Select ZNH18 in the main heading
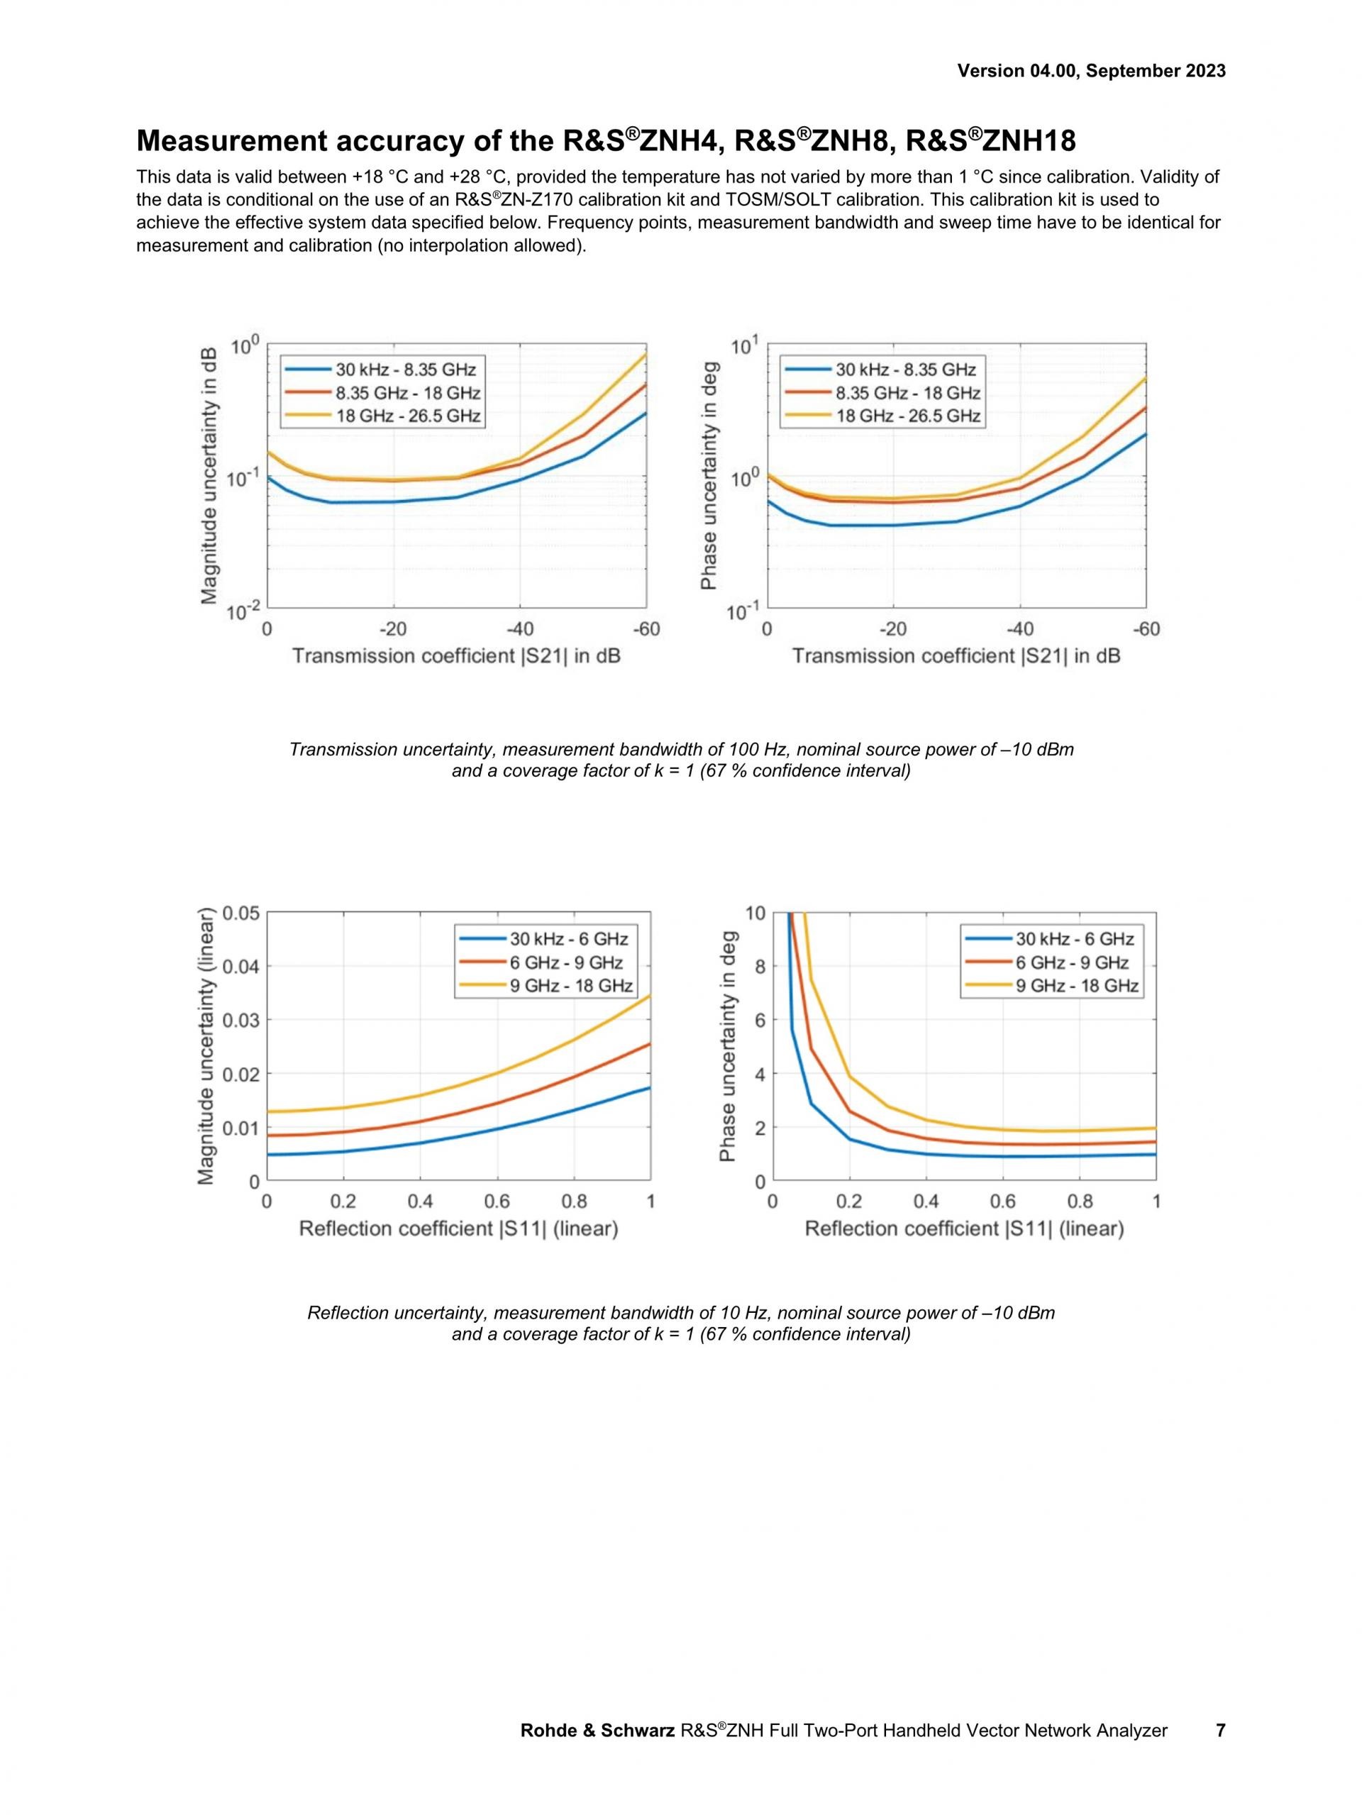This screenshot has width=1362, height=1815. tap(1029, 141)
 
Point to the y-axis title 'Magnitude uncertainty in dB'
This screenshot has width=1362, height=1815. tap(209, 476)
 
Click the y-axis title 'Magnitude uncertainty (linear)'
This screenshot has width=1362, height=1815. tap(206, 1046)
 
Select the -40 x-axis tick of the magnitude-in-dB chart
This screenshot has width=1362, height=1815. tap(519, 629)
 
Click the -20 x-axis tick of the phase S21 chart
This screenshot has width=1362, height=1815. tap(892, 629)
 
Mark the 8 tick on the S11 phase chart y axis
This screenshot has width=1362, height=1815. tap(760, 967)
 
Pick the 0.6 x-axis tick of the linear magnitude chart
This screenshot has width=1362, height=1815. tap(497, 1202)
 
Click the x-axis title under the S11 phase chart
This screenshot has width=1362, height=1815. tap(964, 1228)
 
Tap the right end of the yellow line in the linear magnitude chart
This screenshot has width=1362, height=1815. tap(650, 996)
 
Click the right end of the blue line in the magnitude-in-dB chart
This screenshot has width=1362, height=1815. tap(646, 413)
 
